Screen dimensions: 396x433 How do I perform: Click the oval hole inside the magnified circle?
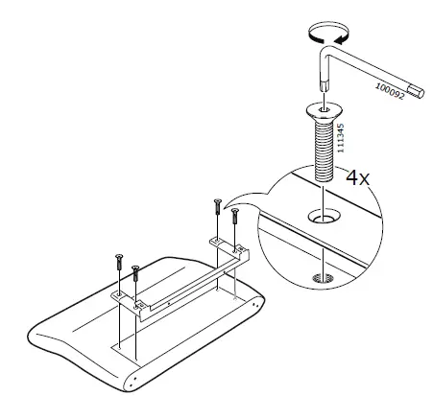pos(324,219)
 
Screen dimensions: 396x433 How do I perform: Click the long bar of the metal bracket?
pos(182,278)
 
